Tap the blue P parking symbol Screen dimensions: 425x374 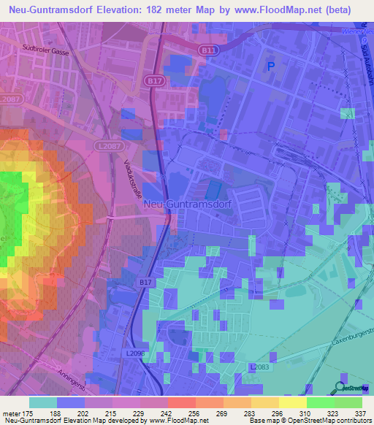272,66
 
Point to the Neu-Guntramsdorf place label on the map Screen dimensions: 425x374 188,204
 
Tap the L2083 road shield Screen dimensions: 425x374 259,367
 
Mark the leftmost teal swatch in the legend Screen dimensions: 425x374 43,402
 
